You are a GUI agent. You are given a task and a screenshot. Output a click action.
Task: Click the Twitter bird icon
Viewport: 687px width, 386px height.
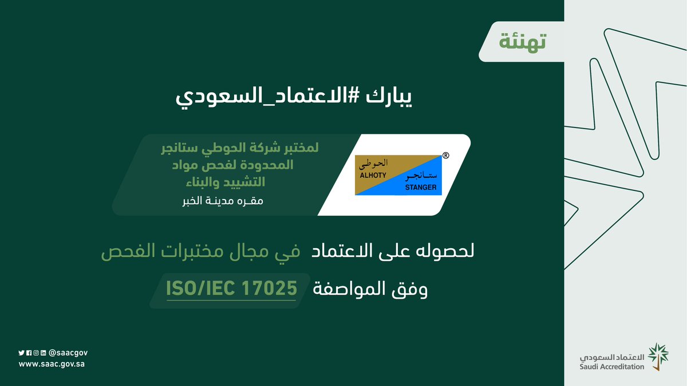point(22,353)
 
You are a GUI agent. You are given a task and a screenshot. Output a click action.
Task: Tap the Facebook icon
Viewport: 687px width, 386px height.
point(29,353)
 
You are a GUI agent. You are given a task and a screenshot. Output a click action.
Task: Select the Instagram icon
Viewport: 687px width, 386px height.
point(35,353)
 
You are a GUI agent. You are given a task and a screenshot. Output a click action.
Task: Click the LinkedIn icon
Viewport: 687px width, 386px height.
point(43,353)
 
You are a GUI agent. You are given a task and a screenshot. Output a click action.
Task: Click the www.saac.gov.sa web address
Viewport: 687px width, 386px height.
point(53,364)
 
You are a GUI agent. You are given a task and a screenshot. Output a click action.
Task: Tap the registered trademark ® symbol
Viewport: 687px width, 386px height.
point(446,156)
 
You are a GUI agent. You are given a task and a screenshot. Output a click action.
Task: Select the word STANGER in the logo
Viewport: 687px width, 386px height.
point(421,187)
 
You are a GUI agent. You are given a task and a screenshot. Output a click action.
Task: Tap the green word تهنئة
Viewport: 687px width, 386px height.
point(523,42)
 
